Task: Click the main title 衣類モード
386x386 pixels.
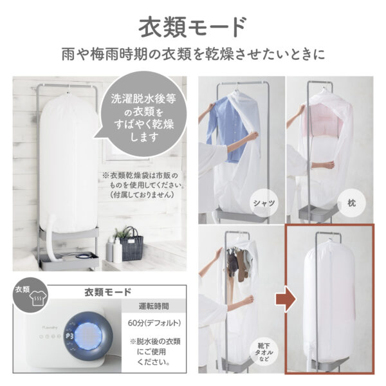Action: pyautogui.click(x=192, y=28)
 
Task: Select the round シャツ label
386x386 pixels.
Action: pyautogui.click(x=266, y=203)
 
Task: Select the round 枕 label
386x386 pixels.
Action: pyautogui.click(x=358, y=202)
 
